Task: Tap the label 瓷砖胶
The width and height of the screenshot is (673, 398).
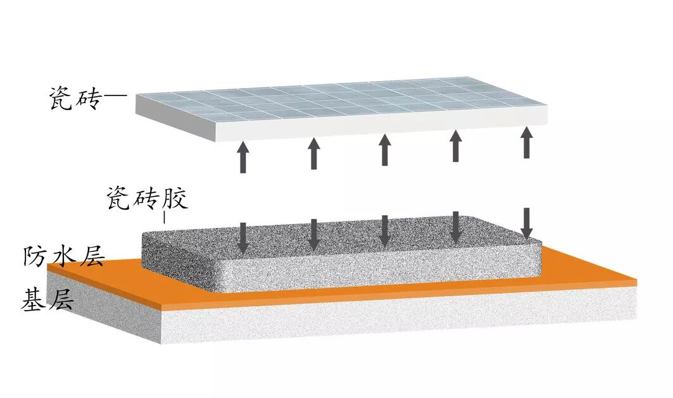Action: pos(146,200)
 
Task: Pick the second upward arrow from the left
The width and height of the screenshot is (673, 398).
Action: pos(313,153)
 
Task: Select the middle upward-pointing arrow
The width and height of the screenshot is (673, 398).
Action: pos(384,149)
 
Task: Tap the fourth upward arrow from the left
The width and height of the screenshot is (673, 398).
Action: pos(455,145)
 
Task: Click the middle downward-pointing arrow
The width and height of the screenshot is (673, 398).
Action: pos(384,230)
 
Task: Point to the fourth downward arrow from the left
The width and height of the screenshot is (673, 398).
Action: pos(455,227)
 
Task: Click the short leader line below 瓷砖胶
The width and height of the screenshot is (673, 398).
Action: pos(165,218)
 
